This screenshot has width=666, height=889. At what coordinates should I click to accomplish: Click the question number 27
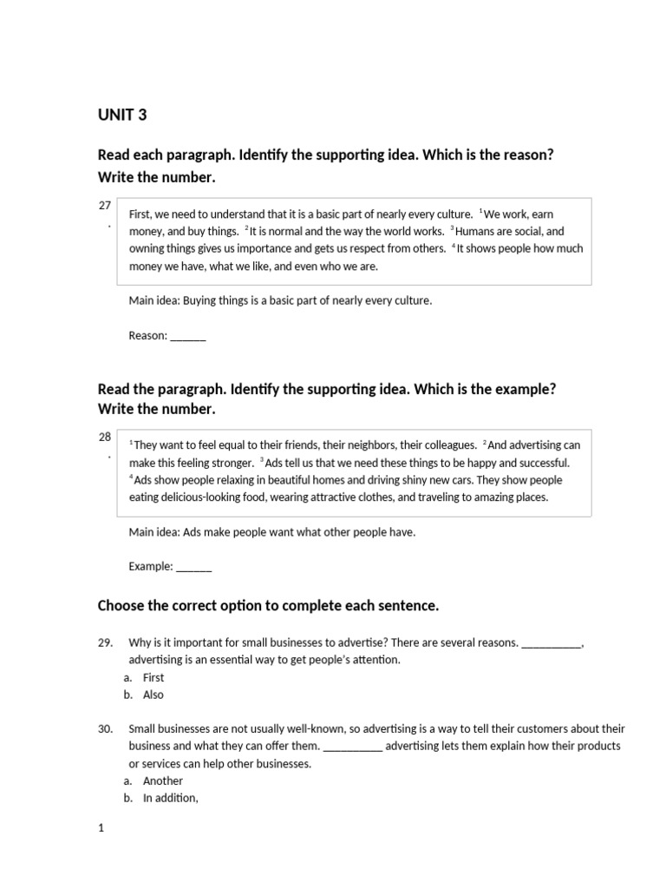(x=105, y=206)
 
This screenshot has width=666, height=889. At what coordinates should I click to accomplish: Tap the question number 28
(x=105, y=438)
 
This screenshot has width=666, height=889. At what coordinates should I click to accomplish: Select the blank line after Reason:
(x=188, y=336)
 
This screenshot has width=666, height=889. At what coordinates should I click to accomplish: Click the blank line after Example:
(x=193, y=567)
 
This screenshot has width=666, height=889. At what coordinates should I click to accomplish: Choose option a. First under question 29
(x=153, y=678)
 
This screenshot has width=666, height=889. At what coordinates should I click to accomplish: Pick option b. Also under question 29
(x=153, y=695)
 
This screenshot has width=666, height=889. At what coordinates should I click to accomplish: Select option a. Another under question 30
(x=162, y=780)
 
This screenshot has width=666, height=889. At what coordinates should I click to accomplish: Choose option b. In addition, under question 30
(x=170, y=798)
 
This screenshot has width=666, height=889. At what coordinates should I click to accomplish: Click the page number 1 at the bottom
(x=101, y=828)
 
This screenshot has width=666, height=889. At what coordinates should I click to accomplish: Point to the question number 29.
(x=106, y=643)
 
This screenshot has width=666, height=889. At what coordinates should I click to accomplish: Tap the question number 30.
(x=106, y=729)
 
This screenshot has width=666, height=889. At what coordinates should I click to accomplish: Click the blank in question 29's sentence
(x=552, y=644)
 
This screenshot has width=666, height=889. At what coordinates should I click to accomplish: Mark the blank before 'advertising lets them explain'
(x=352, y=747)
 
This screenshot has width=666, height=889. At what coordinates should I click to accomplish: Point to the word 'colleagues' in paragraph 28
(x=448, y=445)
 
